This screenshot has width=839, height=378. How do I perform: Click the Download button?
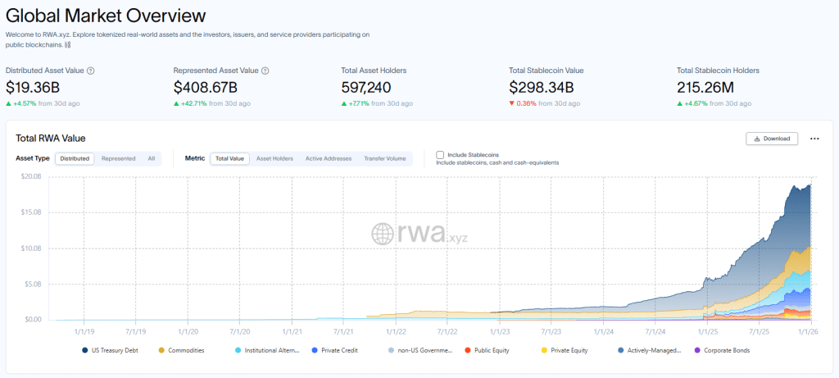(771, 139)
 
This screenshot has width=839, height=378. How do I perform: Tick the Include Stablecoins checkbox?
(440, 154)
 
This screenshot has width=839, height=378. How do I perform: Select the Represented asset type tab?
(118, 158)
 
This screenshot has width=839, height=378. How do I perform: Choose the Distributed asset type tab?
(75, 158)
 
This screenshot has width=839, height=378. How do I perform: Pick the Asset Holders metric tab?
(274, 158)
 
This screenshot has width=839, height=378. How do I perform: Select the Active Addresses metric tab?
(328, 158)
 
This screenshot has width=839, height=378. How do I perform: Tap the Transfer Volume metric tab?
(384, 158)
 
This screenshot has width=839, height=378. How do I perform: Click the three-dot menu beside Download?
(814, 139)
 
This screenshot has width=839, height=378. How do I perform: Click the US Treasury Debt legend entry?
(114, 350)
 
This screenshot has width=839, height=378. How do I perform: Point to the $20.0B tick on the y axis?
(31, 176)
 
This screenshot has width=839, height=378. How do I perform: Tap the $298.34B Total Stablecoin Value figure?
(542, 87)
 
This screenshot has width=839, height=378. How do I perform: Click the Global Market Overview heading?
(106, 16)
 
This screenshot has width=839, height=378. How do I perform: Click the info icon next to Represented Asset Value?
(265, 71)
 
